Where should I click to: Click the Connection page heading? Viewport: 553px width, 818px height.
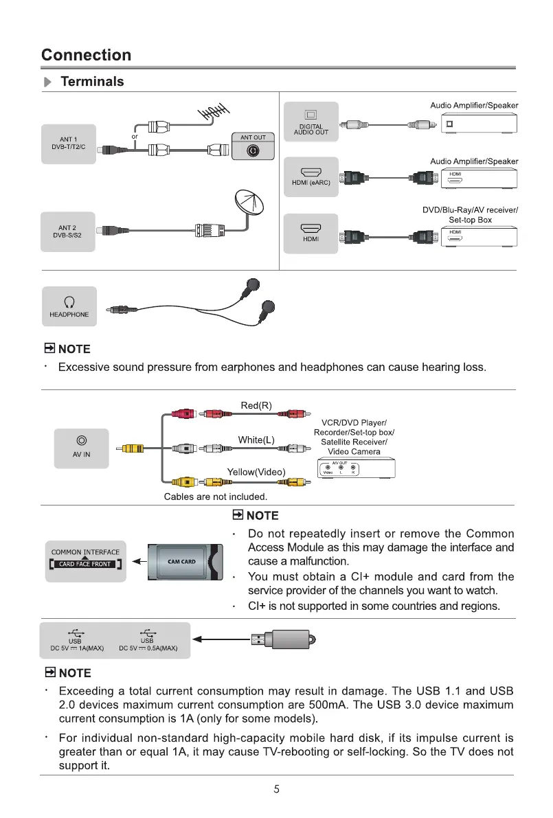86,55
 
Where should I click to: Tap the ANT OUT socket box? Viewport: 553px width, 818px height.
253,147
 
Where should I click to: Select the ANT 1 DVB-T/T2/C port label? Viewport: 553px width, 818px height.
68,144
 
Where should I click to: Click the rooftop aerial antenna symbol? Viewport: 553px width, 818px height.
214,110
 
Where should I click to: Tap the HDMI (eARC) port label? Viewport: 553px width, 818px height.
311,177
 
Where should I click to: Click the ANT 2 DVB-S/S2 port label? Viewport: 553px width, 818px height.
68,232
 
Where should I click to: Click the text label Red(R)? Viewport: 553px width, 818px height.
256,405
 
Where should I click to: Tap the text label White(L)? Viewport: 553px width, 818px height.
256,440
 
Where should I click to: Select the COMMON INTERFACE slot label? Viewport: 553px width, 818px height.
85,558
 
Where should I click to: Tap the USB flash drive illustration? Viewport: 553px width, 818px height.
282,640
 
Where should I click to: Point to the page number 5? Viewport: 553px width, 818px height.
276,789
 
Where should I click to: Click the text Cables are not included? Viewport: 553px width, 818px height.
215,496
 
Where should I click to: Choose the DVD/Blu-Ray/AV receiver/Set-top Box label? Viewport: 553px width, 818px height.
470,214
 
